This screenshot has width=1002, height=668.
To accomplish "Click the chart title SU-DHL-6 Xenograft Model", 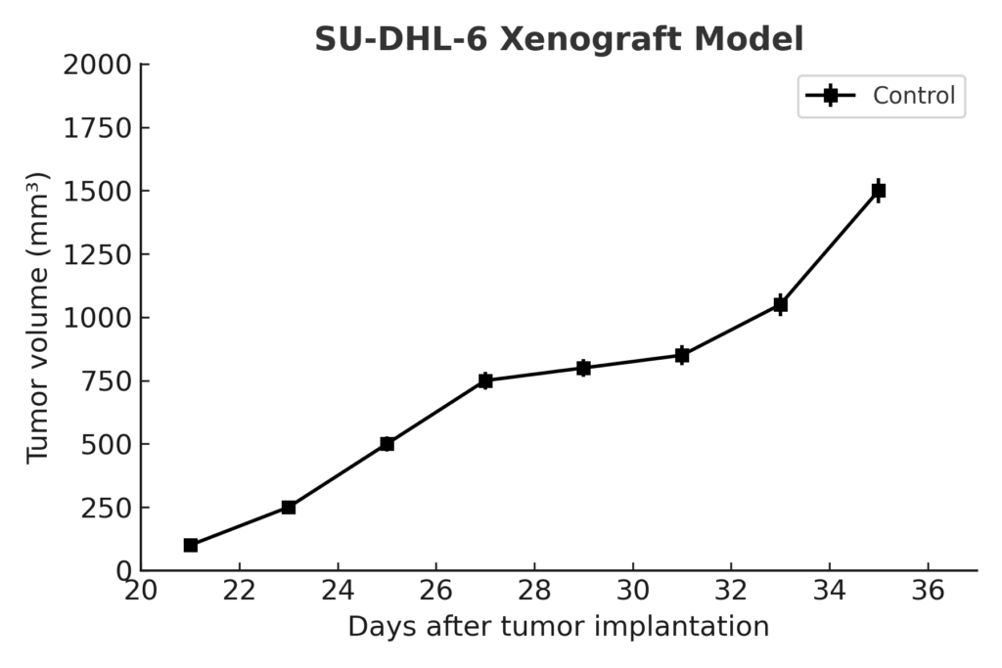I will tap(559, 40).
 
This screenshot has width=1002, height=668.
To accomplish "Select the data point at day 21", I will tap(191, 545).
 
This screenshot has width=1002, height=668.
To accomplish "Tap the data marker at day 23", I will tap(289, 507).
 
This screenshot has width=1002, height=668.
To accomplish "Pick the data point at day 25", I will tap(387, 444).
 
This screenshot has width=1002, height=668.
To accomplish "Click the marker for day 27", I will tap(485, 380).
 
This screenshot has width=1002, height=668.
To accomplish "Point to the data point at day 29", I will tap(583, 368).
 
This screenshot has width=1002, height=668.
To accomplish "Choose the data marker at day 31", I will tap(682, 355).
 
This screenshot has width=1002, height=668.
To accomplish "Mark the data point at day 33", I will tap(780, 304).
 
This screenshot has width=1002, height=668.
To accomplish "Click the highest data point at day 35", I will tap(879, 191).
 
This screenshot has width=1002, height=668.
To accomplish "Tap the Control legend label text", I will tap(914, 96).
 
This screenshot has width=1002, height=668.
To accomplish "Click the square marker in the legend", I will tap(831, 96).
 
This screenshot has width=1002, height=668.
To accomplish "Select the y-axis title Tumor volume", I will tap(37, 317).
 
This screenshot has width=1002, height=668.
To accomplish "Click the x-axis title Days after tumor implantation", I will tap(558, 626).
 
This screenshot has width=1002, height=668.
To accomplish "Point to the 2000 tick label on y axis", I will tap(96, 66).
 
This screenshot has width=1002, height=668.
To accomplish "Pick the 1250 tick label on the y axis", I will tap(96, 254).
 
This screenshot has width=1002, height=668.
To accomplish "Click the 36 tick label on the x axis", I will tap(928, 591).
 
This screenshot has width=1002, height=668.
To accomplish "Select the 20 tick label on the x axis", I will tap(142, 591).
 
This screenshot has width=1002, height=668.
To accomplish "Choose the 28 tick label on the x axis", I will tap(534, 591).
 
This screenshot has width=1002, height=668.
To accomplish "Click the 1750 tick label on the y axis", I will tap(96, 128).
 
